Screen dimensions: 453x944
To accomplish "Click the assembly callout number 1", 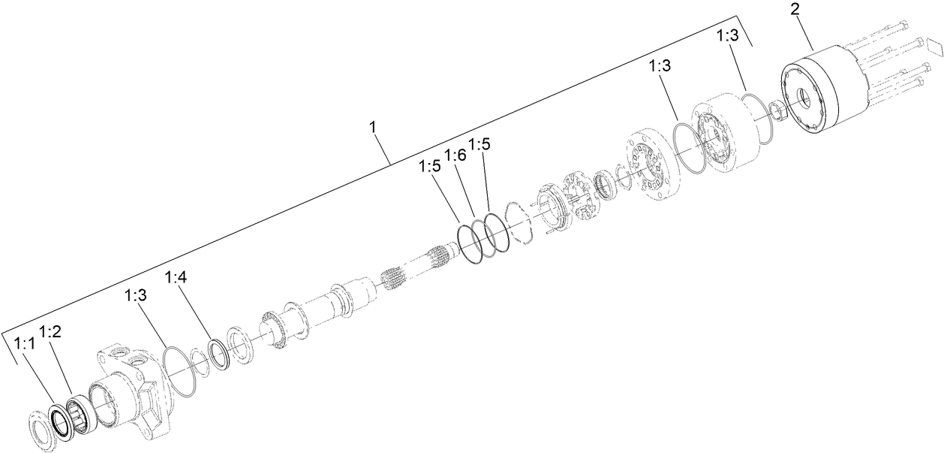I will [372, 128].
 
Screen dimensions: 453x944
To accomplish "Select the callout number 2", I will [796, 11].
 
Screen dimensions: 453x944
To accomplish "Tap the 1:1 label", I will [25, 343].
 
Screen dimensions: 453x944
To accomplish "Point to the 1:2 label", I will [51, 331].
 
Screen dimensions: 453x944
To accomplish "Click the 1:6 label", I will [455, 156].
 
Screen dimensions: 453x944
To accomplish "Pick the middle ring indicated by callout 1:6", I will [483, 240].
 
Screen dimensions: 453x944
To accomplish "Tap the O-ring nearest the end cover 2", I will [758, 118].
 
